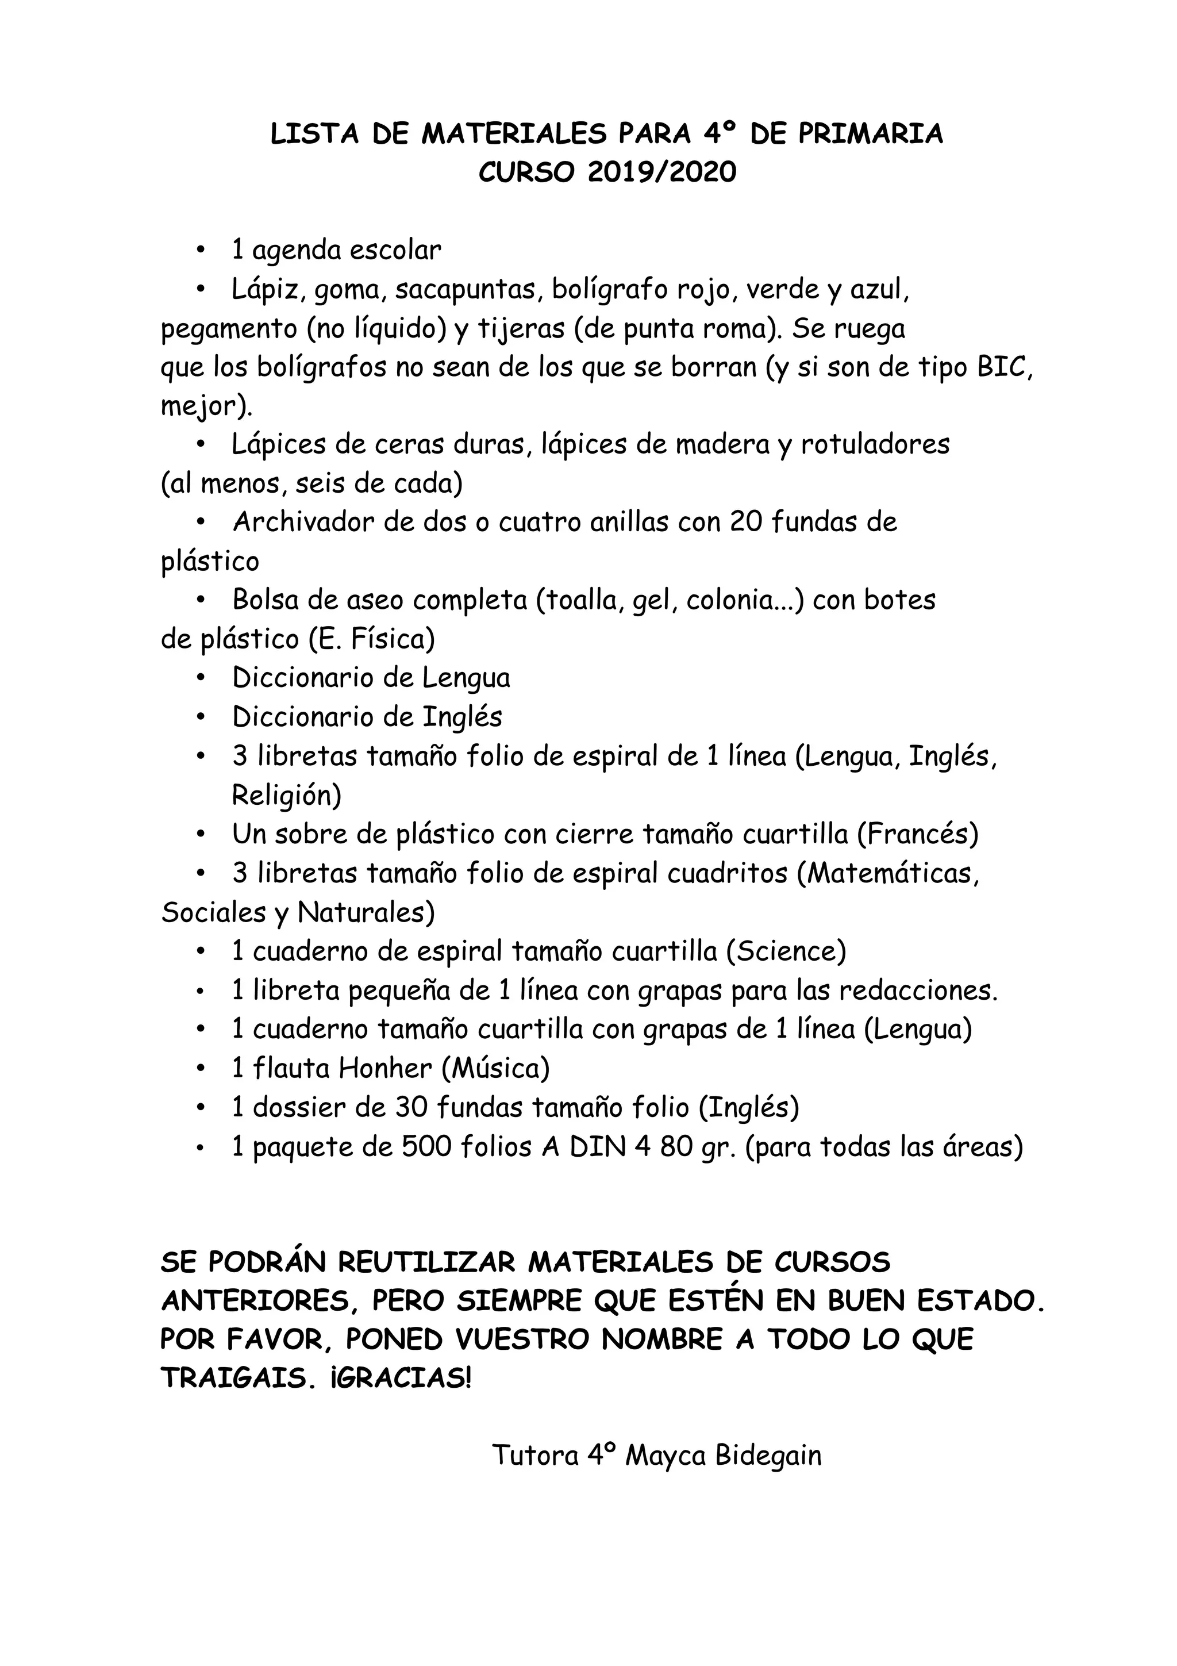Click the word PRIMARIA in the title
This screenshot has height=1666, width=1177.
coord(870,135)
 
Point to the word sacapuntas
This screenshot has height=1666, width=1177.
coord(468,290)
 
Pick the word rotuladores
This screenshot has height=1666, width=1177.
coord(875,444)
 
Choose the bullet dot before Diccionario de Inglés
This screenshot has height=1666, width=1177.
coord(202,717)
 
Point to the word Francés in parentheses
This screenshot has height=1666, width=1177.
coord(917,835)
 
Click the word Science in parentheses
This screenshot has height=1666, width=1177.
coord(786,951)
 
